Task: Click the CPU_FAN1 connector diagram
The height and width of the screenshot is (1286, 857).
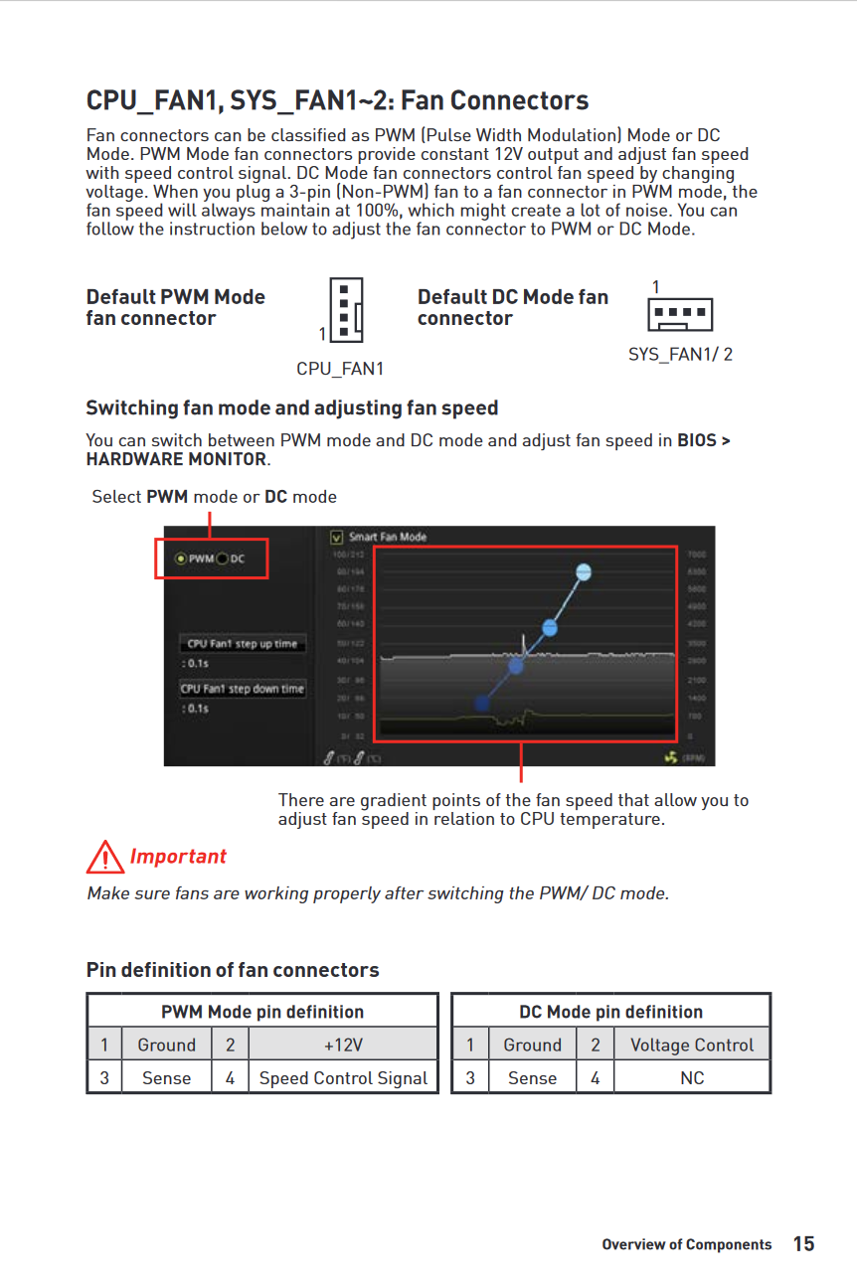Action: [345, 309]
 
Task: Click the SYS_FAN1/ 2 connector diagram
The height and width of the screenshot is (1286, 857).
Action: [680, 315]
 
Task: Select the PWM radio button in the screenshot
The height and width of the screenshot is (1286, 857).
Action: [181, 559]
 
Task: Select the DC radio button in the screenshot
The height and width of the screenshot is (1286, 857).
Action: [223, 559]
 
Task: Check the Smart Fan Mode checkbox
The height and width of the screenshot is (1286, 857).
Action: [336, 537]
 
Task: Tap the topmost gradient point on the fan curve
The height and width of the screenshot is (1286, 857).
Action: [584, 571]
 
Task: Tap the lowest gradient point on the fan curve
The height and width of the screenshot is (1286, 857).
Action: [482, 703]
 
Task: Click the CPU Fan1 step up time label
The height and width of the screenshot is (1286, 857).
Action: [243, 644]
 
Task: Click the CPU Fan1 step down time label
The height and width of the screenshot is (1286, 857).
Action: [243, 689]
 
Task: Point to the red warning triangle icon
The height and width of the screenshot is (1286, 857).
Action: [104, 857]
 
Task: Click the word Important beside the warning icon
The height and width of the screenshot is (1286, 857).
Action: [178, 857]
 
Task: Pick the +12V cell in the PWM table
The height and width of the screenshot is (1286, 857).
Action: [343, 1045]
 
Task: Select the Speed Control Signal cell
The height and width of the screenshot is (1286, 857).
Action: [343, 1078]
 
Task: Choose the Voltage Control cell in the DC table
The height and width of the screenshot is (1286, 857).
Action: [692, 1045]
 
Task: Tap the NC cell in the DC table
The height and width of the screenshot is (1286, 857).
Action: [692, 1078]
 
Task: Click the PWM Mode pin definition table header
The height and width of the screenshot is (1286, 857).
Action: [262, 1012]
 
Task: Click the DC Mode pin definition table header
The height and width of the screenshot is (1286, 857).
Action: [610, 1012]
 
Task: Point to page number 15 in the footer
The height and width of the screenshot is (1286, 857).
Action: [803, 1244]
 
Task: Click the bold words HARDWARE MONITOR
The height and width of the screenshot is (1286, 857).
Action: [176, 459]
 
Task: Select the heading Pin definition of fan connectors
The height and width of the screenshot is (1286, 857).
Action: [233, 970]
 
